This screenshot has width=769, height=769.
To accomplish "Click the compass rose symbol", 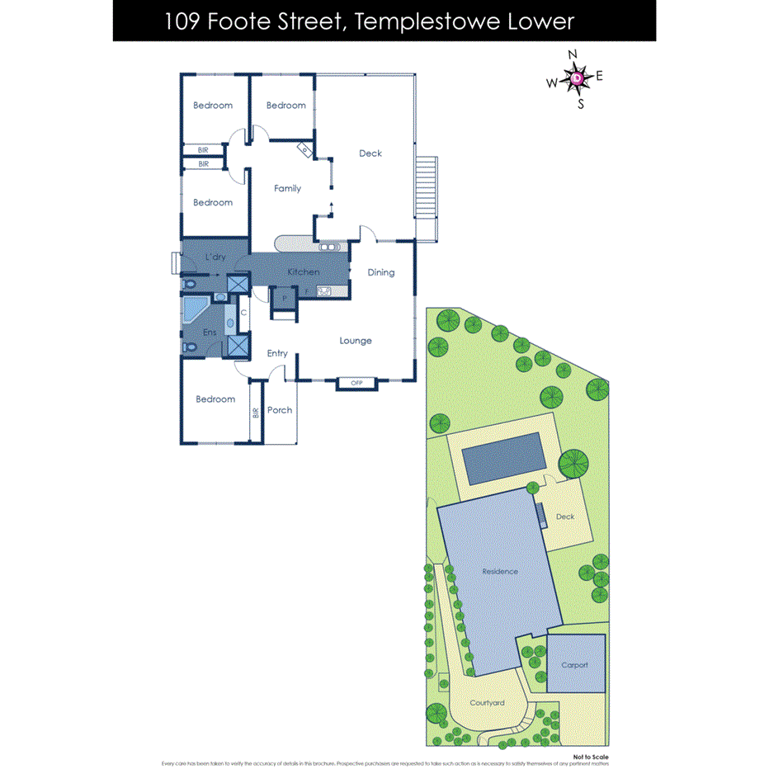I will (x=577, y=78).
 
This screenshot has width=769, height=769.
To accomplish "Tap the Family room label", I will (x=287, y=189).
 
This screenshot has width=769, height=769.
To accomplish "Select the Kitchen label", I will (x=303, y=272).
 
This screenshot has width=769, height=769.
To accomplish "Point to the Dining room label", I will (x=381, y=272).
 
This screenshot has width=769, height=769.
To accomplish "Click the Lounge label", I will (x=356, y=341).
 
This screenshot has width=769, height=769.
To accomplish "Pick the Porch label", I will (x=280, y=410).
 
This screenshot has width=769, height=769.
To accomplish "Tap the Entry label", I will (x=277, y=354).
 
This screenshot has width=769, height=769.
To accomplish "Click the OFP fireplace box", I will (x=356, y=383).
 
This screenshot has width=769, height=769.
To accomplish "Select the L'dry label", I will (x=215, y=257).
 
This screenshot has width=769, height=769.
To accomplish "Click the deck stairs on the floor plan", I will (x=426, y=187).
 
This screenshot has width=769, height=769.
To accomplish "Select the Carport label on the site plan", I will (x=575, y=664).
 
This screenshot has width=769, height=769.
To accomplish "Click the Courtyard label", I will (x=487, y=703).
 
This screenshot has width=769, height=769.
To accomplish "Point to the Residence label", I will (x=500, y=571).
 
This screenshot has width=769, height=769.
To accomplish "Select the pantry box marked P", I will (x=284, y=298).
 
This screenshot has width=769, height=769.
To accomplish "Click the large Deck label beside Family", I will (x=370, y=153).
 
